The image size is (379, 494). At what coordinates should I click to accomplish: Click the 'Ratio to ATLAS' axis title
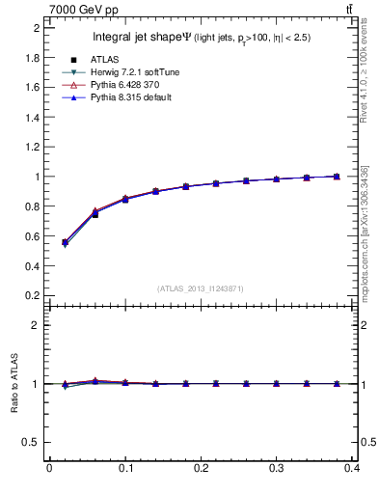[x=14, y=383]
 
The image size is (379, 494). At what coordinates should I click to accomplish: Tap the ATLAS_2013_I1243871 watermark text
[x=201, y=288]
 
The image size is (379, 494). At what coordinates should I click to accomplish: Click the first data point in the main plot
[x=65, y=242]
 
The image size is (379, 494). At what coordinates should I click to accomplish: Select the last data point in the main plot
[x=336, y=177]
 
